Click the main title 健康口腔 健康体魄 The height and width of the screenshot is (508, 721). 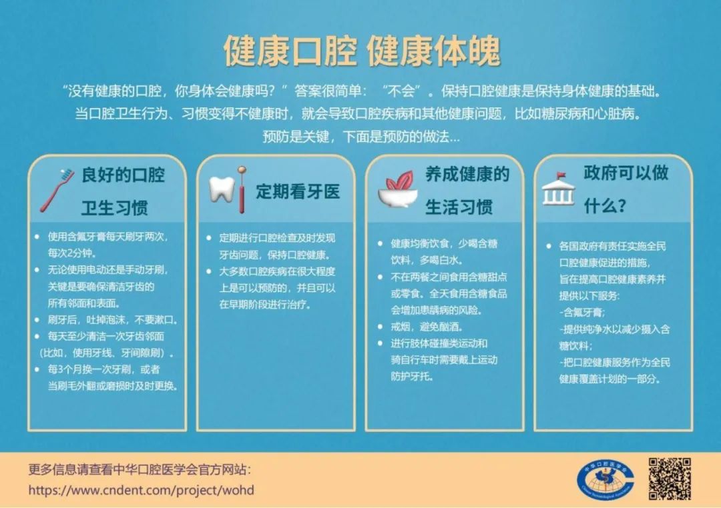(362, 50)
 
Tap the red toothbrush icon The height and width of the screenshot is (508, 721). (57, 190)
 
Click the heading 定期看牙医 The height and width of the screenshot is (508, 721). (298, 191)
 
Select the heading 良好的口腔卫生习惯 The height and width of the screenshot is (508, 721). (122, 191)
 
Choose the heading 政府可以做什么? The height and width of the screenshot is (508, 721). (626, 189)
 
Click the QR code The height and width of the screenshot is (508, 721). (670, 479)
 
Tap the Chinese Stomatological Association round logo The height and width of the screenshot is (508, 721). (605, 481)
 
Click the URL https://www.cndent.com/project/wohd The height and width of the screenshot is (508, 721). (141, 490)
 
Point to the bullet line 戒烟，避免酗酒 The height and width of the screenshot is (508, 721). (426, 327)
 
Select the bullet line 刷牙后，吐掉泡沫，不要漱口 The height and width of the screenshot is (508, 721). (112, 320)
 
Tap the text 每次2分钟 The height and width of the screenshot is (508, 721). (71, 253)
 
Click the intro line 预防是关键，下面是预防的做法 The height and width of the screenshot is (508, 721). (361, 137)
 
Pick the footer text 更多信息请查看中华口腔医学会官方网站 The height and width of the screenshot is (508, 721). (140, 469)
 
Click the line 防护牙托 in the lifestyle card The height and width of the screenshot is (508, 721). (412, 377)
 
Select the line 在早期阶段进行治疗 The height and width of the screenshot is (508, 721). (265, 305)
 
